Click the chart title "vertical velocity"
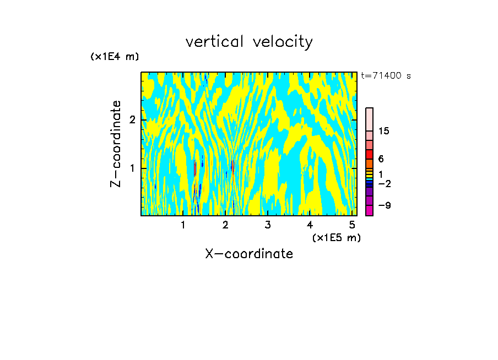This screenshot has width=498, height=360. click(249, 42)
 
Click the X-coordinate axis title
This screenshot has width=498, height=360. click(249, 254)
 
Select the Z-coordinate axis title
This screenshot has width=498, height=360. click(116, 144)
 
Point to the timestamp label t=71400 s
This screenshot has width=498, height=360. click(386, 76)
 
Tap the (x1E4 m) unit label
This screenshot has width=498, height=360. click(115, 57)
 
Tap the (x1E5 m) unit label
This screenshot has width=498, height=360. click(336, 237)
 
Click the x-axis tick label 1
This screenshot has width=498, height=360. click(183, 225)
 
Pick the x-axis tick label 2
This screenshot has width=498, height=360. click(225, 225)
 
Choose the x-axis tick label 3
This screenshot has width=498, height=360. click(267, 225)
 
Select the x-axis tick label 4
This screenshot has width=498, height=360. click(310, 225)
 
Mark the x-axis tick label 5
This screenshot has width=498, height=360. click(351, 225)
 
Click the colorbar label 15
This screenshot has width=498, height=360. click(384, 131)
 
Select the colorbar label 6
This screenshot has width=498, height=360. click(381, 159)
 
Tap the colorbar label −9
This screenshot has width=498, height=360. click(384, 206)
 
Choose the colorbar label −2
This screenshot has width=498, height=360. click(384, 184)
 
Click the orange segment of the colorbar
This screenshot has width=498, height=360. click(369, 163)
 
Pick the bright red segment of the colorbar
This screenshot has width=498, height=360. click(369, 154)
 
